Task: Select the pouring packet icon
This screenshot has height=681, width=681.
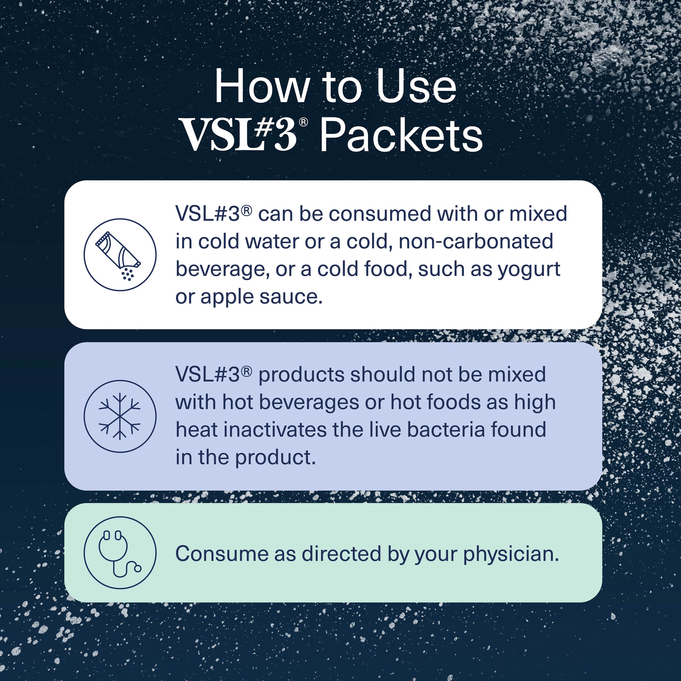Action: click(120, 255)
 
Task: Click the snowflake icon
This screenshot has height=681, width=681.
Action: click(120, 416)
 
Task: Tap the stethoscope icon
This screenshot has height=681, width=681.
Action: click(120, 552)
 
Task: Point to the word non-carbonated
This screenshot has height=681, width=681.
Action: click(476, 242)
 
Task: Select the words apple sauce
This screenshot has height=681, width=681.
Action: click(261, 297)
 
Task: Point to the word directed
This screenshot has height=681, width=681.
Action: click(341, 553)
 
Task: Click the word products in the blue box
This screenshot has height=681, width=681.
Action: click(301, 375)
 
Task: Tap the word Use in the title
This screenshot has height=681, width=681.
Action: click(416, 87)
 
